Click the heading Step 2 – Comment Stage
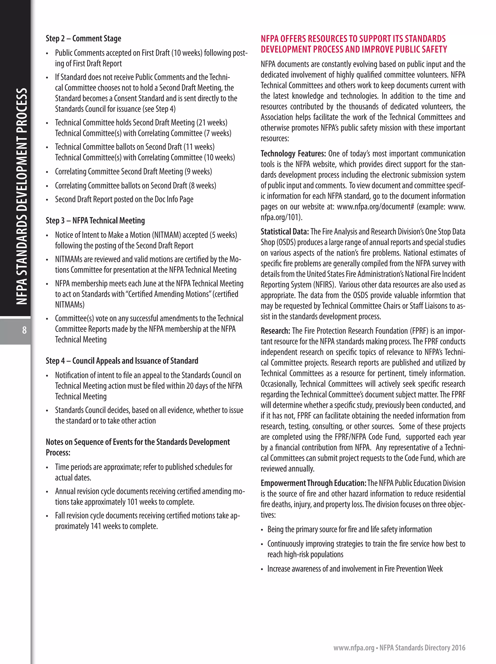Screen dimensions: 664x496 click(83, 39)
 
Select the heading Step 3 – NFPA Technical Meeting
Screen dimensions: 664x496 click(95, 221)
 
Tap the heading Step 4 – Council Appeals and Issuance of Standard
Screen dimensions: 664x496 click(122, 361)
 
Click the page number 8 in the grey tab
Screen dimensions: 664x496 click(24, 330)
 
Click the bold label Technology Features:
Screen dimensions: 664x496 click(293, 154)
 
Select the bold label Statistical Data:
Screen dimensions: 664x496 click(284, 232)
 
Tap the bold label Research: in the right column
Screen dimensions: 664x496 click(275, 331)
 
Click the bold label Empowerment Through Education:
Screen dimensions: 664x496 click(313, 483)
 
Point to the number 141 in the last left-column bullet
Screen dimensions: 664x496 click(95, 526)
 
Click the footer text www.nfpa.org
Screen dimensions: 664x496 click(354, 648)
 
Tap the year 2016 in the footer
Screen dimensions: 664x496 click(458, 648)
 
